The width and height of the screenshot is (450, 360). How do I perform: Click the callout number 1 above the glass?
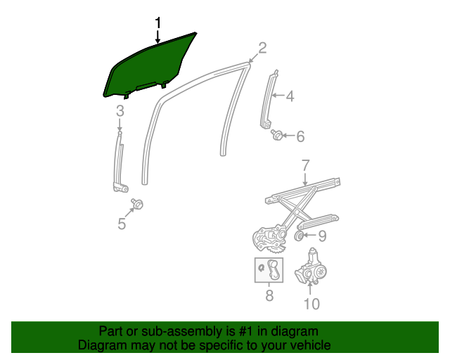click(158, 24)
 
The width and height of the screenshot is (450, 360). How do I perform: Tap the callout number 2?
click(262, 48)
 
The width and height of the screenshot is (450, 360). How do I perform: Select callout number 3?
click(120, 110)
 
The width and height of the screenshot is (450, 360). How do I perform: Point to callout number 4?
click(290, 96)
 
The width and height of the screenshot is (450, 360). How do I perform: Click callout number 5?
click(122, 224)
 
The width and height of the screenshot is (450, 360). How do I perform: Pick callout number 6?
click(300, 136)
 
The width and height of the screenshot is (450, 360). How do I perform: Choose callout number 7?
click(306, 166)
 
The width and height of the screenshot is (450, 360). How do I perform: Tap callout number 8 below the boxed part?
click(269, 296)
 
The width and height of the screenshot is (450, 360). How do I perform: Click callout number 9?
click(323, 236)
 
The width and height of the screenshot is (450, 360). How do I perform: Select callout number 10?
click(311, 303)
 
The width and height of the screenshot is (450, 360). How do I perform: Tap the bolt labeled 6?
click(277, 134)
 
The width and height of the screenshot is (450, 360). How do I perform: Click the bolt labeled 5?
click(138, 204)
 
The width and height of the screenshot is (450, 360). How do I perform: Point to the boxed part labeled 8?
click(269, 270)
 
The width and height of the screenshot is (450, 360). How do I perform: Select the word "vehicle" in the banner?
click(306, 345)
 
